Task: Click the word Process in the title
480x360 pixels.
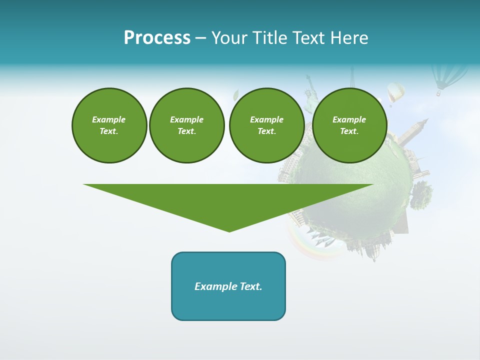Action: click(157, 38)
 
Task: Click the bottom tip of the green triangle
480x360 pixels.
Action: click(229, 230)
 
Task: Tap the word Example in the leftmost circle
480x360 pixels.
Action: click(109, 119)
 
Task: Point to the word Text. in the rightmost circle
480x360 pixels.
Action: click(349, 131)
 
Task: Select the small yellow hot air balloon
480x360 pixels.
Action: click(395, 93)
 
